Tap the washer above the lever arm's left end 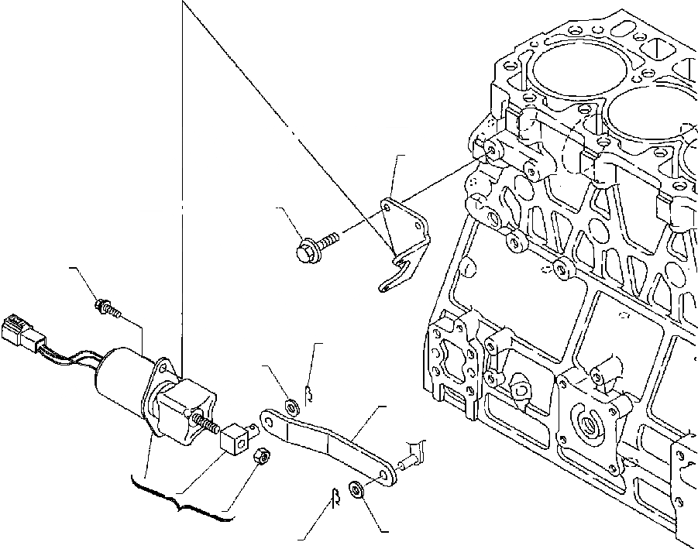[x=293, y=403]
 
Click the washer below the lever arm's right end [x=358, y=490]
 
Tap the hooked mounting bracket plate [x=403, y=240]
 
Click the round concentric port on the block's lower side [x=590, y=427]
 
